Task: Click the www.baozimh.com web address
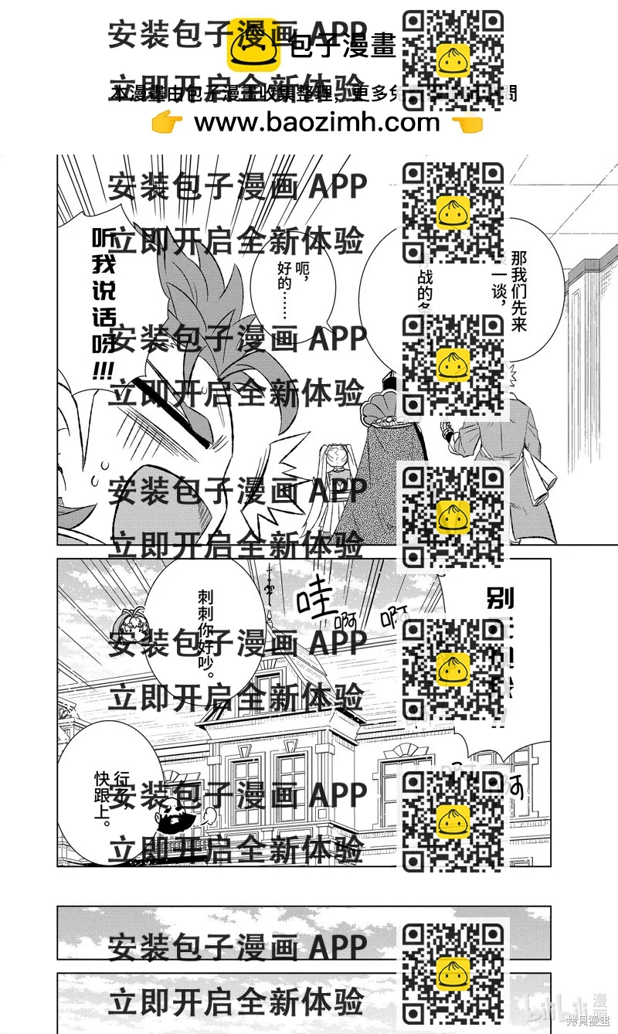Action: pyautogui.click(x=317, y=122)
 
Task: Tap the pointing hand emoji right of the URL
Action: pyautogui.click(x=467, y=123)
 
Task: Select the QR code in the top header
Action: pyautogui.click(x=453, y=60)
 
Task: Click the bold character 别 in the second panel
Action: pyautogui.click(x=501, y=599)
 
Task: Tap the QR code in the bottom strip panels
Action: pyautogui.click(x=453, y=970)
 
